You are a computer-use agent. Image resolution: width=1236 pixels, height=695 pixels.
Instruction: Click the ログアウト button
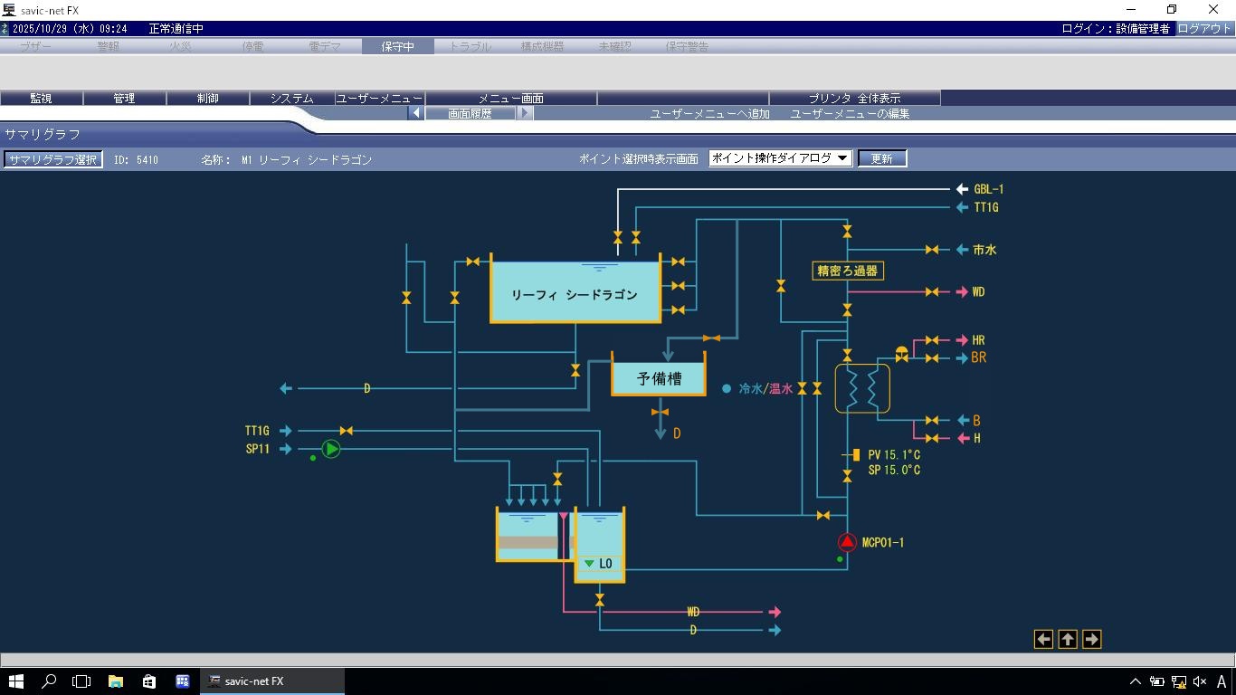(x=1204, y=28)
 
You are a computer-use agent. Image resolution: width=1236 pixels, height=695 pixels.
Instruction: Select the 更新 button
(x=881, y=158)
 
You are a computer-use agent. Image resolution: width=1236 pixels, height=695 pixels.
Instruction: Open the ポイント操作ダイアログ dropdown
(x=780, y=158)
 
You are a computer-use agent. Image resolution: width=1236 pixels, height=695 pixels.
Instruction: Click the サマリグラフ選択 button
(x=52, y=159)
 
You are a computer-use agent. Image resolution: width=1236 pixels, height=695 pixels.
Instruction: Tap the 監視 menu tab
(x=41, y=98)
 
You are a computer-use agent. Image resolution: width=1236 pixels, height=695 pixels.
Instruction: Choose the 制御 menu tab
(x=207, y=98)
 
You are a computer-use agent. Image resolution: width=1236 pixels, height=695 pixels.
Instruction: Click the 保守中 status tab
(x=397, y=46)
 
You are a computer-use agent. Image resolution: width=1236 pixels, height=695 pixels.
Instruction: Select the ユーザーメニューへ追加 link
(x=709, y=113)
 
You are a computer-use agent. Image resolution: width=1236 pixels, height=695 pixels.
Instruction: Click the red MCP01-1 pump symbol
(x=847, y=542)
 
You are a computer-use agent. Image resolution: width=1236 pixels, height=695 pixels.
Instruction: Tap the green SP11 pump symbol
(x=331, y=449)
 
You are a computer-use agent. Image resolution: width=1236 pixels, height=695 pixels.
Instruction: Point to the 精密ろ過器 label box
(x=847, y=271)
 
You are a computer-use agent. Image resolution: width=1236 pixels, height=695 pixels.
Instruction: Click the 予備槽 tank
(x=659, y=379)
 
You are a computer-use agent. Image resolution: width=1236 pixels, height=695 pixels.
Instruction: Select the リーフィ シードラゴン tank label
(x=575, y=295)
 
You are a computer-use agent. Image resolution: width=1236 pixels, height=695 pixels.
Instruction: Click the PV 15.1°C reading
(x=894, y=455)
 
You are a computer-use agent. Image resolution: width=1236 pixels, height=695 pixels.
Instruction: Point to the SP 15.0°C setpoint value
(x=894, y=471)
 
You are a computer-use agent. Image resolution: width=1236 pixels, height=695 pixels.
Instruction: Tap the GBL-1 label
(x=988, y=189)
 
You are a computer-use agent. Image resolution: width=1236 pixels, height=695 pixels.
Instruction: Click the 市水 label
(x=984, y=250)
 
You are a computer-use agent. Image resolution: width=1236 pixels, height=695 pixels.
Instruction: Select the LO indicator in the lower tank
(x=599, y=564)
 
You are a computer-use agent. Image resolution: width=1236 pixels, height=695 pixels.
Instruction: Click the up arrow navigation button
(x=1068, y=639)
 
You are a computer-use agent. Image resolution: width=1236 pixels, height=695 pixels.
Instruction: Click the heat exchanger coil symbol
(x=862, y=388)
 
